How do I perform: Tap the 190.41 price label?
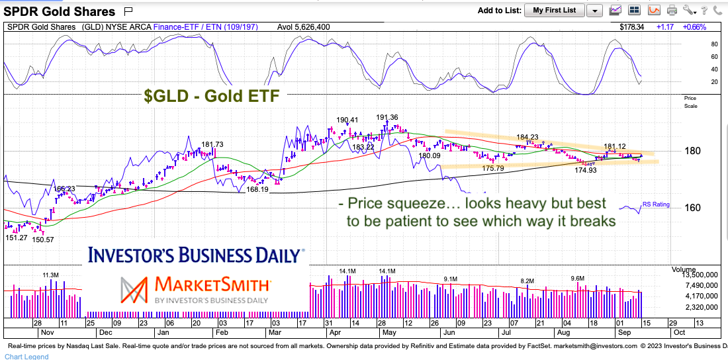347,120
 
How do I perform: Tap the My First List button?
554,10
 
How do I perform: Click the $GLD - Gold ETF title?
212,96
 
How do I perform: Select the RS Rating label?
655,204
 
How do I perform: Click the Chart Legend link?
24,357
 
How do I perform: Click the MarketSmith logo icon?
135,289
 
